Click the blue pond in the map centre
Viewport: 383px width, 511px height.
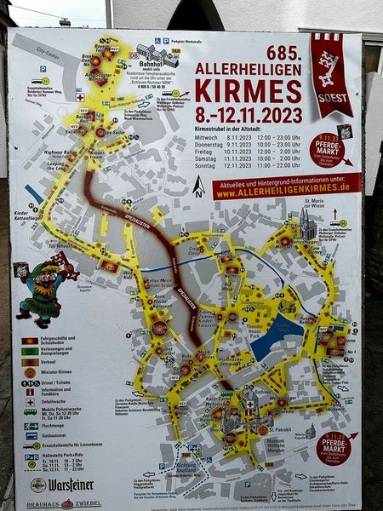pyautogui.click(x=274, y=336)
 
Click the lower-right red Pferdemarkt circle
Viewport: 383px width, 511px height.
pyautogui.click(x=333, y=448)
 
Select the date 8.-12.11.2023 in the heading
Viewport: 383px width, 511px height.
pyautogui.click(x=249, y=114)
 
